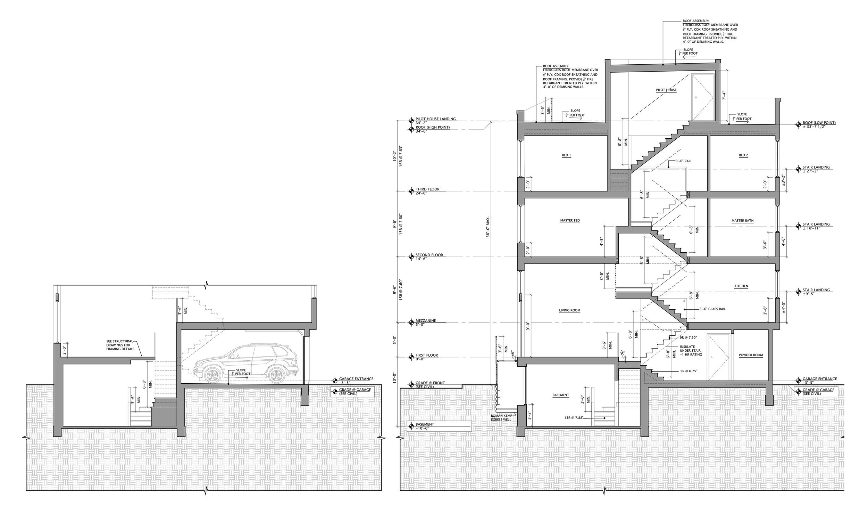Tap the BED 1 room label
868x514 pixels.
point(566,155)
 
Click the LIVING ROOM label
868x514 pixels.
point(570,310)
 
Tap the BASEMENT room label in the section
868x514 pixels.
point(560,395)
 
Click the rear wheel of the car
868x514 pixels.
point(276,375)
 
